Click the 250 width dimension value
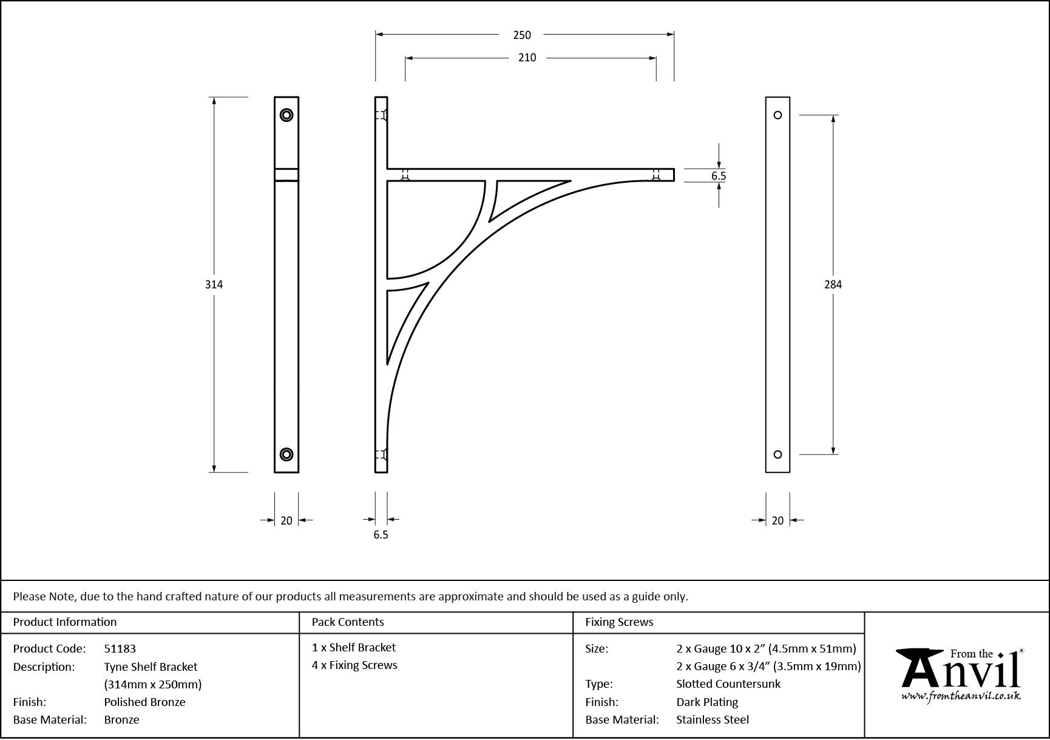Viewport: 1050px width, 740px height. [x=522, y=35]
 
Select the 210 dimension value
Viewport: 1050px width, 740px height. [x=527, y=58]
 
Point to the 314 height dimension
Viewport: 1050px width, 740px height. [x=214, y=284]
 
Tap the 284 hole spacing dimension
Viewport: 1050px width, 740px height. [x=833, y=284]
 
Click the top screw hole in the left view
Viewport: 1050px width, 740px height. [x=286, y=115]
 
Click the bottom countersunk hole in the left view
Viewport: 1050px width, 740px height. [x=286, y=454]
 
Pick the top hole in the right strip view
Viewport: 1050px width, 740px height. [x=777, y=115]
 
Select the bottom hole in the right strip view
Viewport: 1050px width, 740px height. [x=777, y=454]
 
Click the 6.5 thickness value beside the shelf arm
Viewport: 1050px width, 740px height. [x=719, y=176]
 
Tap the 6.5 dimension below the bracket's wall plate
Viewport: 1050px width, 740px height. [x=381, y=535]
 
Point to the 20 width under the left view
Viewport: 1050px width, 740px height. [x=286, y=520]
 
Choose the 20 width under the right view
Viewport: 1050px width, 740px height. [x=777, y=520]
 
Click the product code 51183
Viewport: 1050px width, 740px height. [x=120, y=649]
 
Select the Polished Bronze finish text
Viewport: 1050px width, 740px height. [x=144, y=702]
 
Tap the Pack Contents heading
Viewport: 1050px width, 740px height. [x=348, y=622]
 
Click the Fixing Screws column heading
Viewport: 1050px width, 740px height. [x=619, y=622]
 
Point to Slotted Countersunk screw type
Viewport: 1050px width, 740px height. [x=728, y=684]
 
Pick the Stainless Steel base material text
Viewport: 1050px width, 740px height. [x=713, y=720]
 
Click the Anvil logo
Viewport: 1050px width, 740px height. [x=960, y=674]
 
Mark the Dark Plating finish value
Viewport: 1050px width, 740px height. [x=707, y=702]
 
